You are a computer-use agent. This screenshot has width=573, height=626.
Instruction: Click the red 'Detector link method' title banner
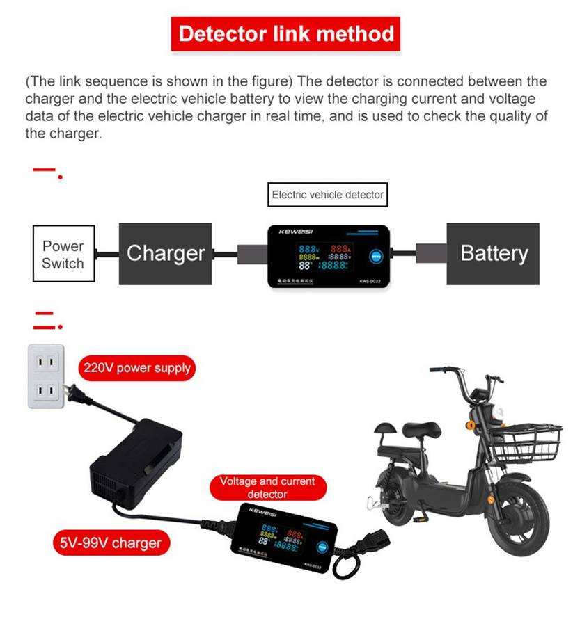point(285,34)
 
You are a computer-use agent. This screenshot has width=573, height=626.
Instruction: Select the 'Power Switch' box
point(63,254)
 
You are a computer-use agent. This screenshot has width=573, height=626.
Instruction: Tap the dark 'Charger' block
point(165,253)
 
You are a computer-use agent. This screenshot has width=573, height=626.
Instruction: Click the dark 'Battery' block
point(493,253)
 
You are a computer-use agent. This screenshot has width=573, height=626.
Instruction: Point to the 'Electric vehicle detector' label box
point(327,195)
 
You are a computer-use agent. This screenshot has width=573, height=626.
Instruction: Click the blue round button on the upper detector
point(376,256)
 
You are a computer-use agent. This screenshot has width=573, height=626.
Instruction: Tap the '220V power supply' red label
point(136,367)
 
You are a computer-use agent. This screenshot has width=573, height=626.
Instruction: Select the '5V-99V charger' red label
point(111,543)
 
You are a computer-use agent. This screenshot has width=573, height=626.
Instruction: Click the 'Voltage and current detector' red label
point(267,487)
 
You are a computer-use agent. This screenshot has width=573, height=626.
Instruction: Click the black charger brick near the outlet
point(136,459)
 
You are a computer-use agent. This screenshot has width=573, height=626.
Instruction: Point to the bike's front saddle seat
point(416,428)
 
